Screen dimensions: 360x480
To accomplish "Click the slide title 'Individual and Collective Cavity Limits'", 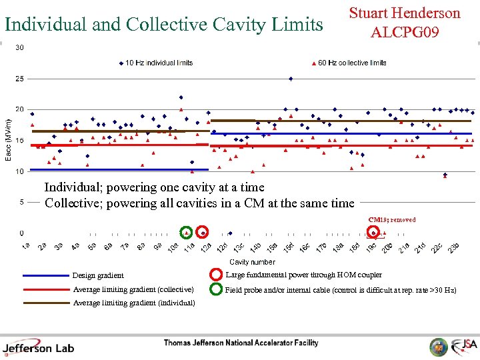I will (163, 25).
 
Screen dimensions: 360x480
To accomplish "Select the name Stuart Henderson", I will (405, 13).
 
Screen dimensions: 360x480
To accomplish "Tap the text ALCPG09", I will (405, 31).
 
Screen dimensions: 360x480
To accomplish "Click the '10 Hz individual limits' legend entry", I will (159, 63).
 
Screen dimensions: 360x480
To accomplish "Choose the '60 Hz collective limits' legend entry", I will (351, 63).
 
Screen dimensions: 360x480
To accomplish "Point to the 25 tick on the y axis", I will (20, 79).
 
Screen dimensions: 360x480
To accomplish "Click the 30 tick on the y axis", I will (20, 47).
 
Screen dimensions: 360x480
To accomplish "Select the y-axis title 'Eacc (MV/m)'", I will (9, 140).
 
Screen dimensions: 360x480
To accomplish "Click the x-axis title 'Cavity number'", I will (252, 262).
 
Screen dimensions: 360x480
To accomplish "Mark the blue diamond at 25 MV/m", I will (291, 79).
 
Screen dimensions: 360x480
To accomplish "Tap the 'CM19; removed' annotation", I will (392, 219).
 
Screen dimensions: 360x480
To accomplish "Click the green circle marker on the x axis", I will (187, 233).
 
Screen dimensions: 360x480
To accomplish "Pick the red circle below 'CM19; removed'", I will (374, 233).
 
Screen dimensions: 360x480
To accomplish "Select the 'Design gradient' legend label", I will (98, 275).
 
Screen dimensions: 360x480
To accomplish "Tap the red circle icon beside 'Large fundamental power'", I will (216, 275).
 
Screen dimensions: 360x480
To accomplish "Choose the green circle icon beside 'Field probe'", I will (216, 289).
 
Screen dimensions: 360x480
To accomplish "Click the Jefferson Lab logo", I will (39, 347).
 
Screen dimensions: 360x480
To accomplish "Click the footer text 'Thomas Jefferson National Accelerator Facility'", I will (241, 343).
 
